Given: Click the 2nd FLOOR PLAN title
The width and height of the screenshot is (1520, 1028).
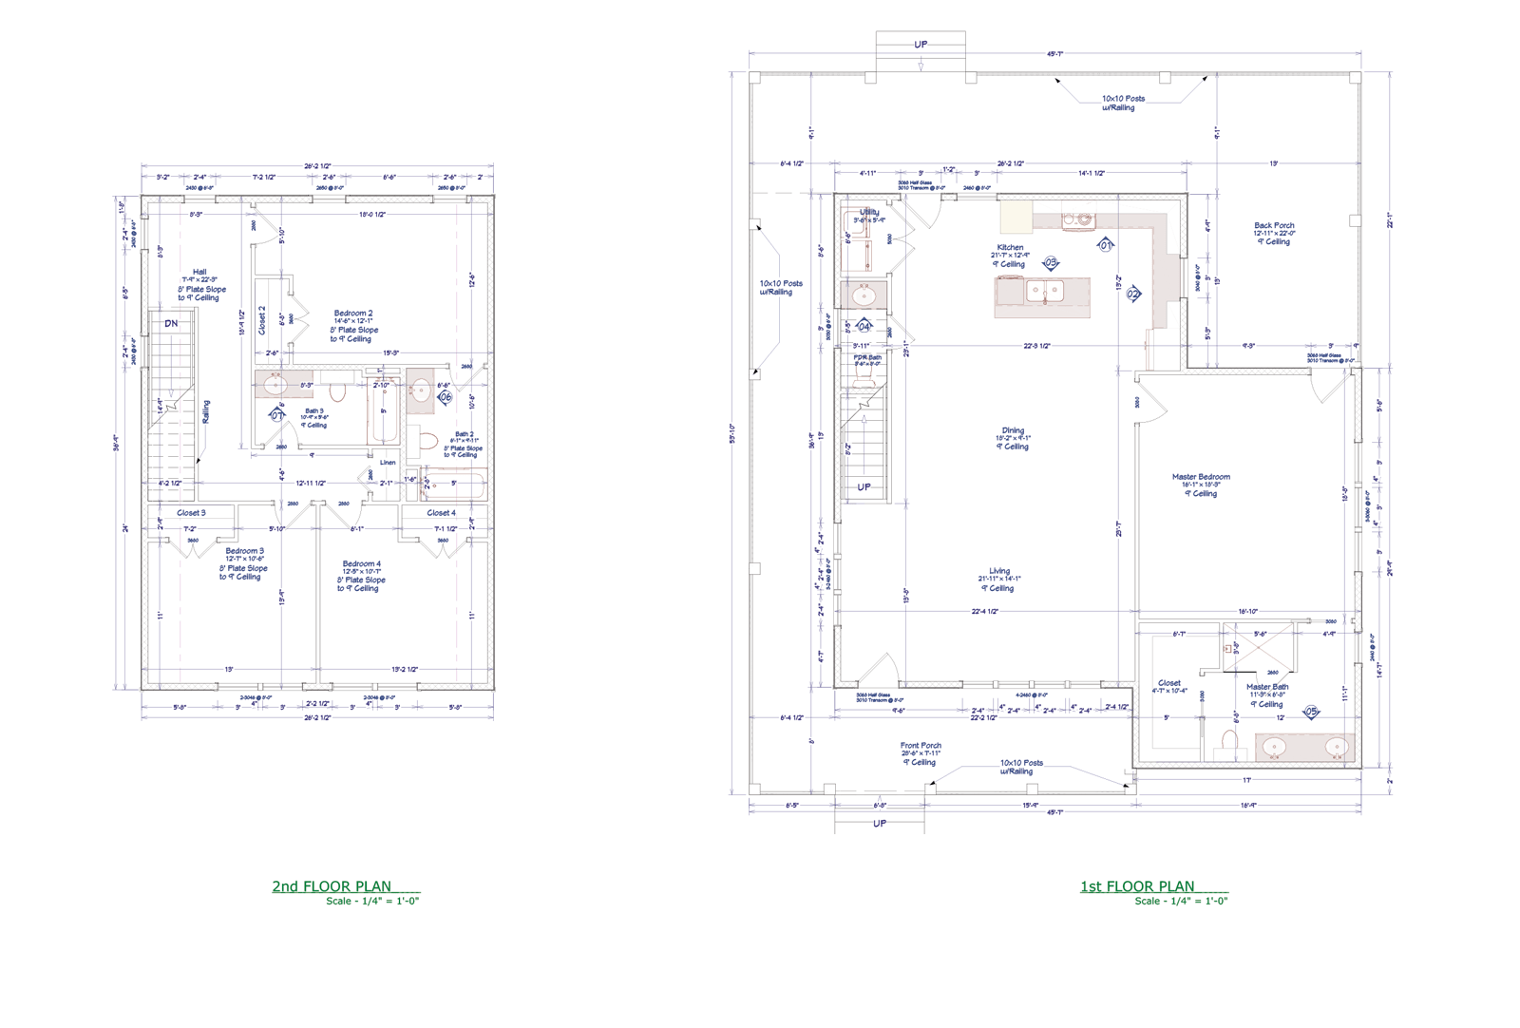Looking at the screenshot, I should click(x=332, y=886).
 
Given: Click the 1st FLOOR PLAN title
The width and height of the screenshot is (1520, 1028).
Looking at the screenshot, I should click(x=1137, y=886).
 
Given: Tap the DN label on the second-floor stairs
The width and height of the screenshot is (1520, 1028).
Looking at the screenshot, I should click(x=171, y=324).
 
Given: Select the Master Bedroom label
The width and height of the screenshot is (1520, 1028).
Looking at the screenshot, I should click(x=1201, y=477).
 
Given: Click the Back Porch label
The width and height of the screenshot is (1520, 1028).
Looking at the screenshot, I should click(x=1274, y=226).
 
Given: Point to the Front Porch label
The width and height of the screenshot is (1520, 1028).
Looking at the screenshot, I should click(x=921, y=746).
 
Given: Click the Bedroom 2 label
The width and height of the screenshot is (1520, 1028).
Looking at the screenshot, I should click(x=353, y=314).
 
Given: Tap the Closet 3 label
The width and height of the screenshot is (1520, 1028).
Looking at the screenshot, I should click(x=191, y=513).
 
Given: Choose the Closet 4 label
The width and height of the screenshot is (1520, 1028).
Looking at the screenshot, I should click(x=441, y=513).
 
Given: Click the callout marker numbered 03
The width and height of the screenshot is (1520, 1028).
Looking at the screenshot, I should click(x=1051, y=262).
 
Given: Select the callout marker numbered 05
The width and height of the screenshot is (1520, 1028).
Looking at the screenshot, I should click(x=1312, y=711).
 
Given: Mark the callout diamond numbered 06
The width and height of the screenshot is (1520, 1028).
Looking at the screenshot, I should click(x=445, y=397).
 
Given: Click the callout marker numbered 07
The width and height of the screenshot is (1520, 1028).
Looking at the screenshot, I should click(x=277, y=415).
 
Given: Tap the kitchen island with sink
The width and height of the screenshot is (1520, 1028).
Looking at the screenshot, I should click(x=1042, y=296).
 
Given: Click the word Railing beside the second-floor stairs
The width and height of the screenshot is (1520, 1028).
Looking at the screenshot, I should click(x=206, y=411).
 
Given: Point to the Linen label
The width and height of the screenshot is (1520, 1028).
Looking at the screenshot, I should click(x=388, y=463).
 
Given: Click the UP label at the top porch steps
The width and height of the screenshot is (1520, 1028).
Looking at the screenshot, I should click(x=921, y=45).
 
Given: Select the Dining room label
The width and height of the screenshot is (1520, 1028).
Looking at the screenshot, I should click(x=1013, y=430).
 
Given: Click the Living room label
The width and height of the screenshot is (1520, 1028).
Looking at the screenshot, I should click(x=999, y=571).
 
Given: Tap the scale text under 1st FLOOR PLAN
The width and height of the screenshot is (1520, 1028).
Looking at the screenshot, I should click(x=1181, y=901).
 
